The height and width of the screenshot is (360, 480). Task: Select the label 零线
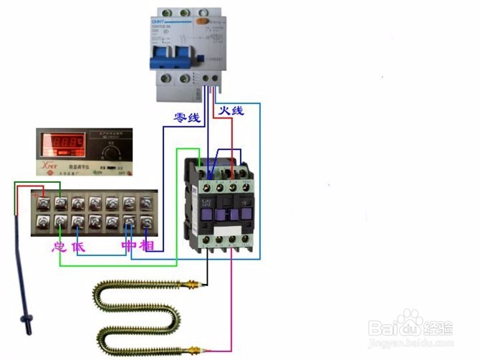click(x=187, y=117)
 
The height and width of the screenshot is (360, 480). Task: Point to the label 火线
click(x=231, y=110)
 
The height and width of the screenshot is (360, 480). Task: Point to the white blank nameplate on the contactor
click(x=225, y=214)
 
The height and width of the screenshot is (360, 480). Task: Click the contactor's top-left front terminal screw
click(x=207, y=186)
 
